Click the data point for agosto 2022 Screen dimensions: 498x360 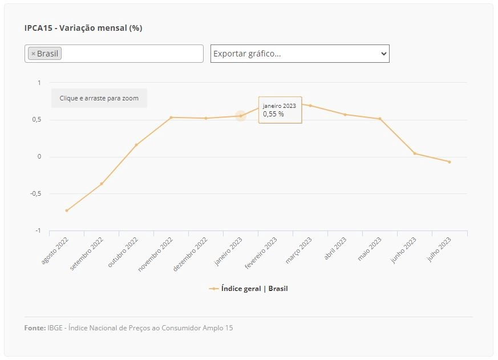[x=67, y=211]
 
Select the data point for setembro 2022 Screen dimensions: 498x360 [x=102, y=184]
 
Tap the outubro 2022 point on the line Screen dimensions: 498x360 [x=136, y=145]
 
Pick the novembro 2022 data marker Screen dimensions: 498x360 [x=171, y=118]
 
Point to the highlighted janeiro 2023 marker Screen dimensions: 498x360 [x=241, y=116]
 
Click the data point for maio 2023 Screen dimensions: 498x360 [x=380, y=119]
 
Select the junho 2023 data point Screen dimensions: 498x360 [x=415, y=153]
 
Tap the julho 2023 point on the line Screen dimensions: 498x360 [x=450, y=162]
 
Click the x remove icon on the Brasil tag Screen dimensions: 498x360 [x=33, y=54]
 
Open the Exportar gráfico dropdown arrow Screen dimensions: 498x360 [x=384, y=54]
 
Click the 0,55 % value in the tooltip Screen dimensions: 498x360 [x=273, y=114]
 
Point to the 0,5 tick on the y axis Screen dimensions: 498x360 [x=37, y=119]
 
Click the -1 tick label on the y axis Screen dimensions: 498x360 [x=38, y=230]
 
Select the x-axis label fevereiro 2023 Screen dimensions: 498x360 [x=261, y=253]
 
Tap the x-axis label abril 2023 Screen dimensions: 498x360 [x=335, y=249]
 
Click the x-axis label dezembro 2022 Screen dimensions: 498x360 [x=190, y=254]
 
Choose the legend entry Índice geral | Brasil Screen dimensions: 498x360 [x=248, y=289]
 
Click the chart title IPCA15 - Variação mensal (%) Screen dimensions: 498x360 [x=83, y=28]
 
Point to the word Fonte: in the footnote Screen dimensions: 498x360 [x=35, y=328]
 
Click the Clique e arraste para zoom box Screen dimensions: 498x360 [x=99, y=98]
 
